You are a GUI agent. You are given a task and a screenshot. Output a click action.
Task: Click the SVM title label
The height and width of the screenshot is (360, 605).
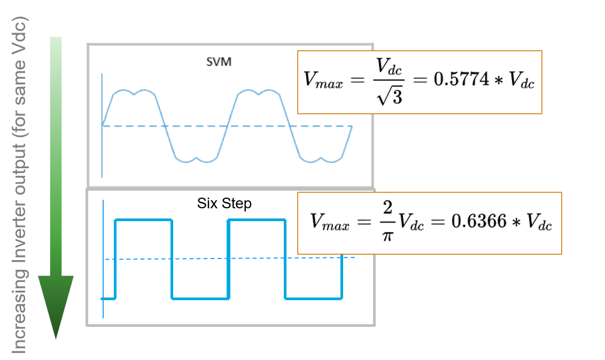219,61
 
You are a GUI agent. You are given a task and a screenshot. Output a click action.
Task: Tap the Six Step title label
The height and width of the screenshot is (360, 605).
224,204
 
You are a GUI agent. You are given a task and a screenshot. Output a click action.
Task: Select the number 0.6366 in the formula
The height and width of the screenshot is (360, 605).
478,221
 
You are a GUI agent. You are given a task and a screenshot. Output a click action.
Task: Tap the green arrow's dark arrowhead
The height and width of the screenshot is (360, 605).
56,304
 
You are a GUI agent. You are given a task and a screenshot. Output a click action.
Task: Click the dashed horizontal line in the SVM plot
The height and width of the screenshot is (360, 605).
257,127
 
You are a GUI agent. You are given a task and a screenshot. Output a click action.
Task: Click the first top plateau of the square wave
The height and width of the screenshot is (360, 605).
143,220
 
